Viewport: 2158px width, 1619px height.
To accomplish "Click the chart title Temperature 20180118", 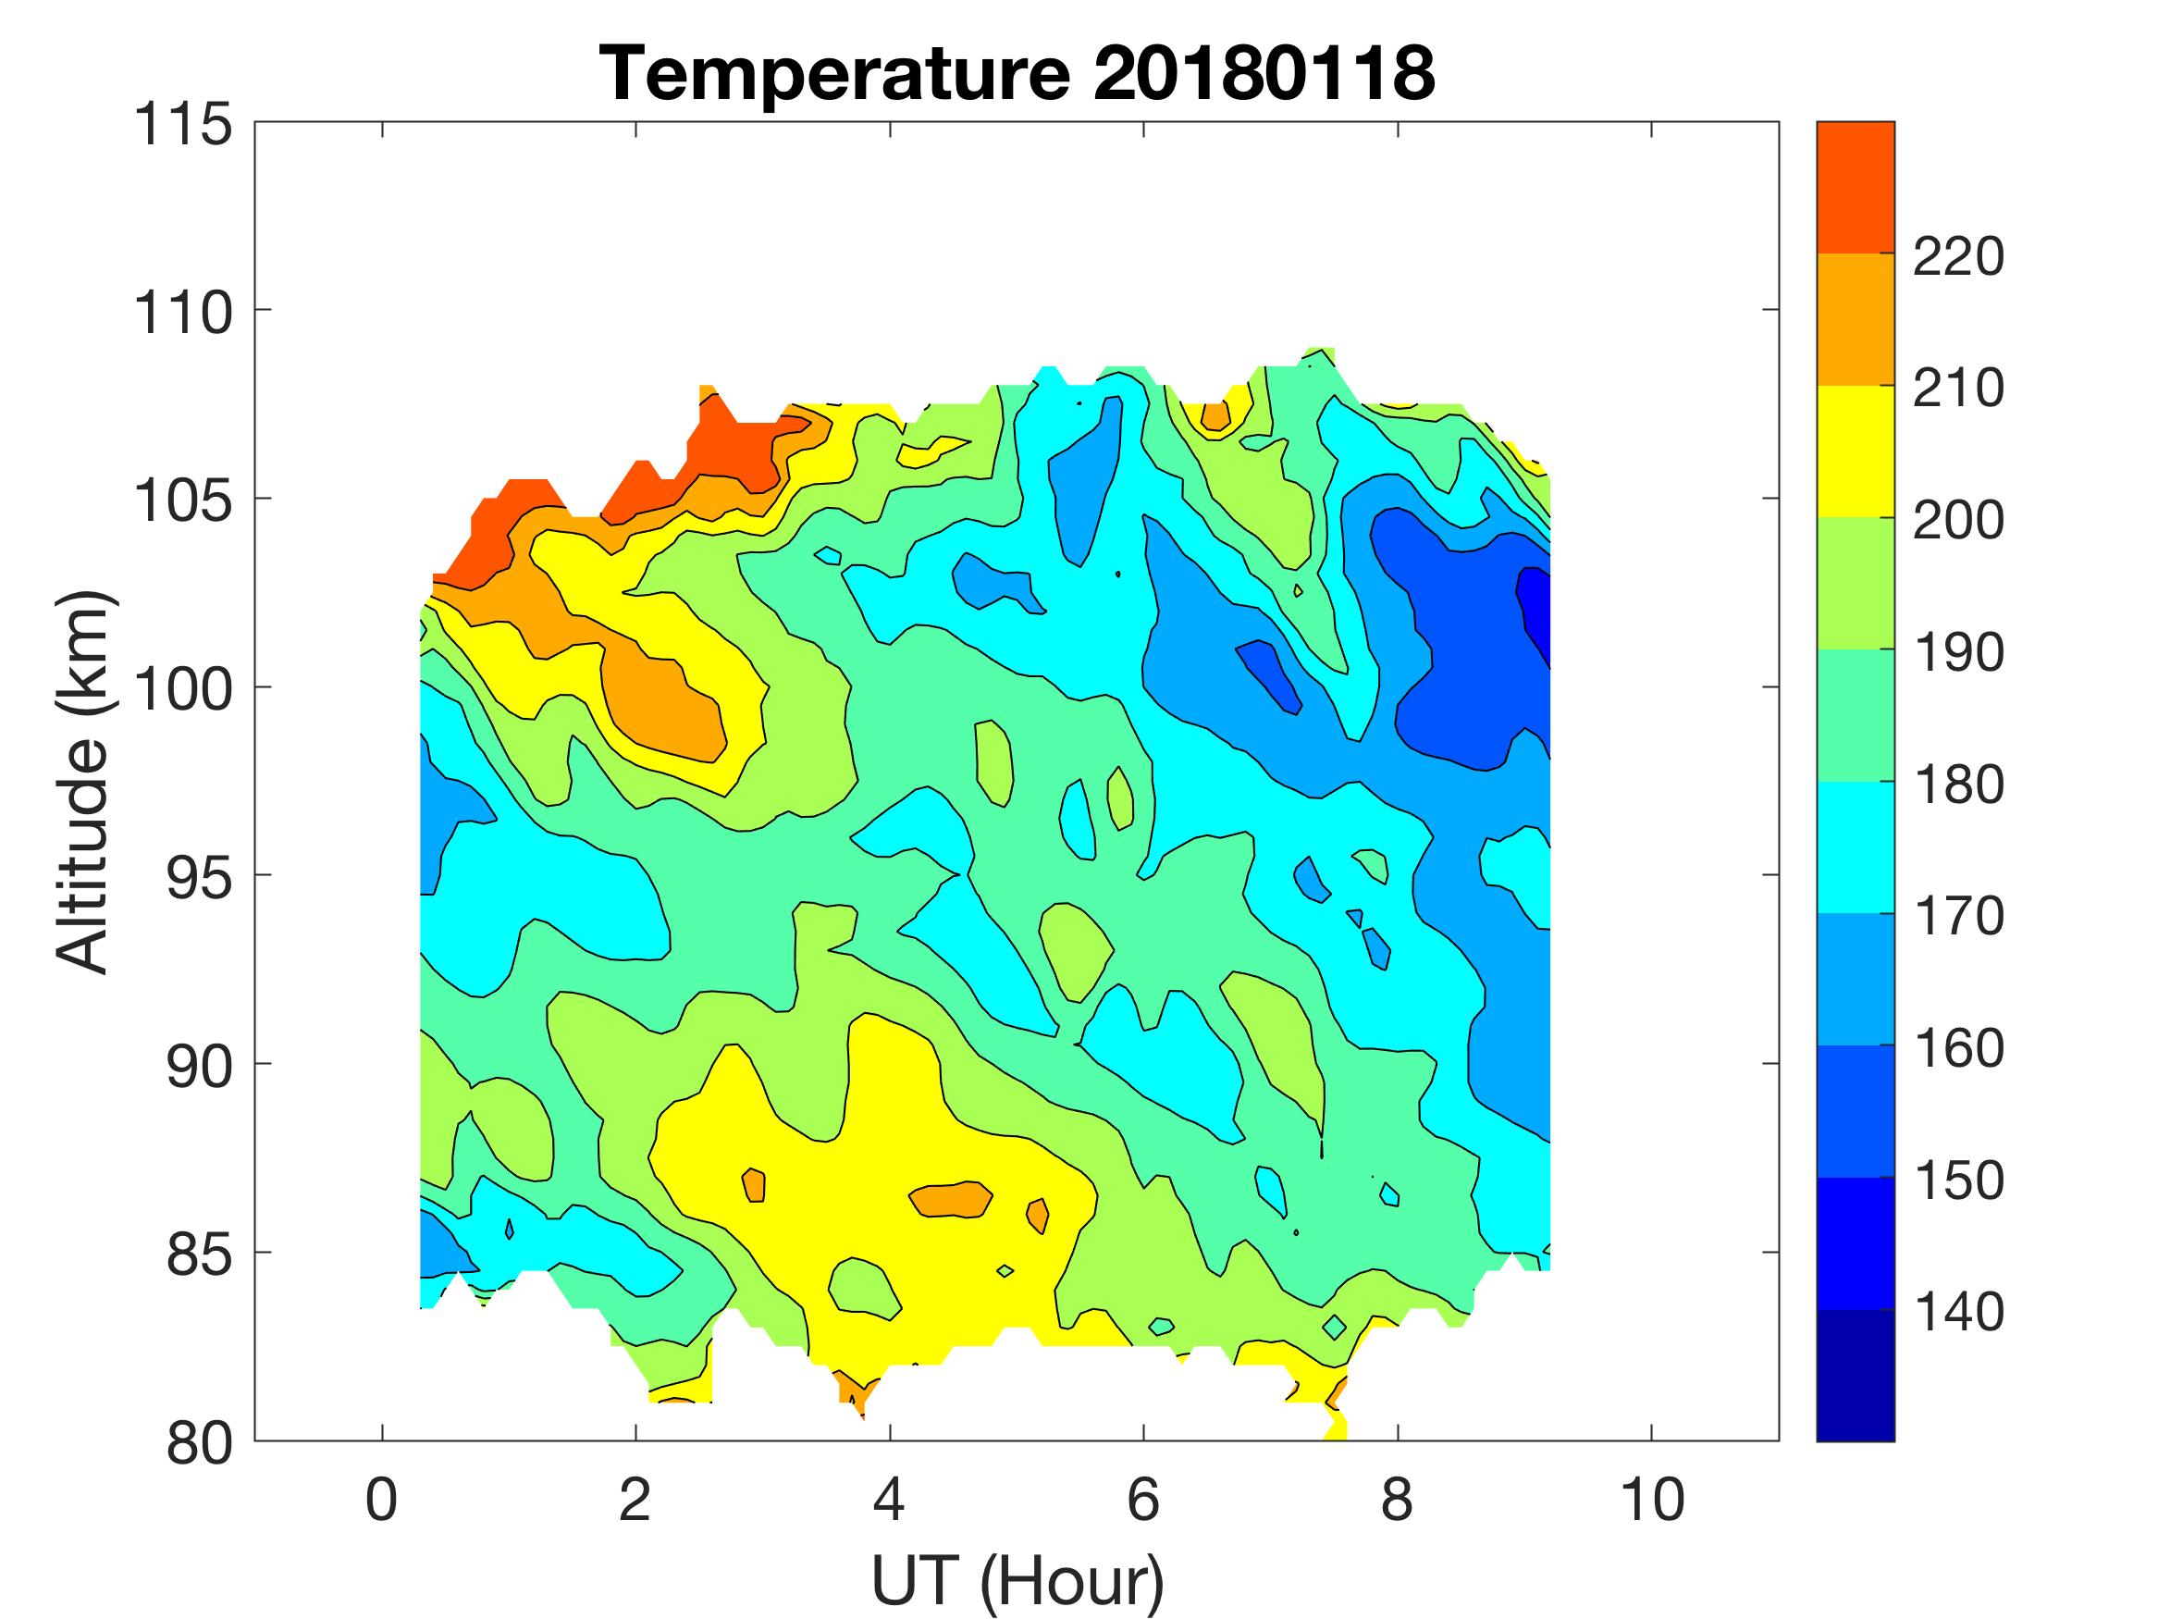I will coord(1017,73).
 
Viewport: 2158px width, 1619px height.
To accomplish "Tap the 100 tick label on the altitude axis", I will coord(183,688).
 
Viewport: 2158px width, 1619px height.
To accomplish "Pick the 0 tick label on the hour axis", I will coord(381,1499).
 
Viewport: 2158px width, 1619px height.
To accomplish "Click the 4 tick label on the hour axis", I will coord(889,1499).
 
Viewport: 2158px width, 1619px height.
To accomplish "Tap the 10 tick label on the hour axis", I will coord(1651,1499).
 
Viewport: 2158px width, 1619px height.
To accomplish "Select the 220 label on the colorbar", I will coord(1958,256).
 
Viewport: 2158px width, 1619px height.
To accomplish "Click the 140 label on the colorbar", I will coord(1958,1312).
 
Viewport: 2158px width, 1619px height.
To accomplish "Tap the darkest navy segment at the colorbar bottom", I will coord(1855,1376).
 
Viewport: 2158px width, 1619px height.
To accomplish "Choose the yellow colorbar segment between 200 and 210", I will coord(1855,451).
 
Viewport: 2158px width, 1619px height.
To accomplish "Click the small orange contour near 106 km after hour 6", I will coord(1215,415).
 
